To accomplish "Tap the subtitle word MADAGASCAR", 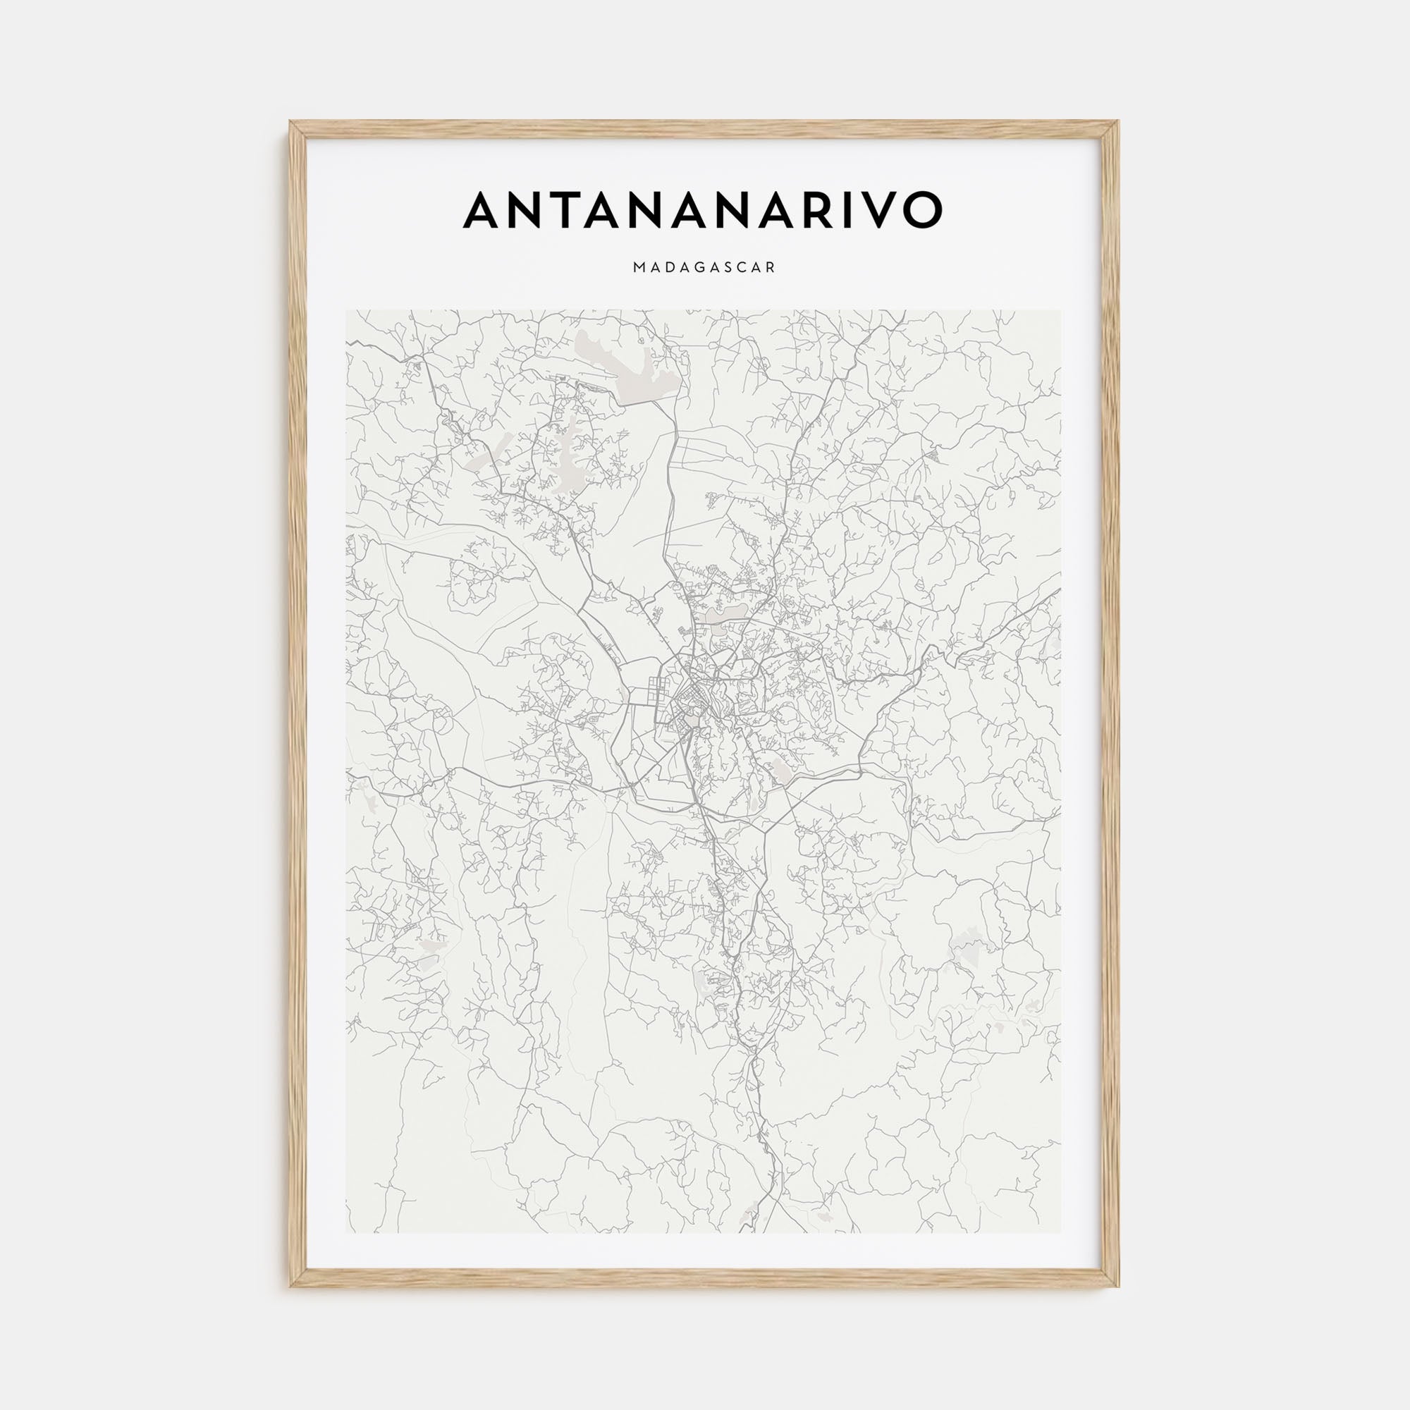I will coord(704,268).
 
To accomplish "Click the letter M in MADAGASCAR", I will coord(640,268).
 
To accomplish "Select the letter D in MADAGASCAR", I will coord(670,268).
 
